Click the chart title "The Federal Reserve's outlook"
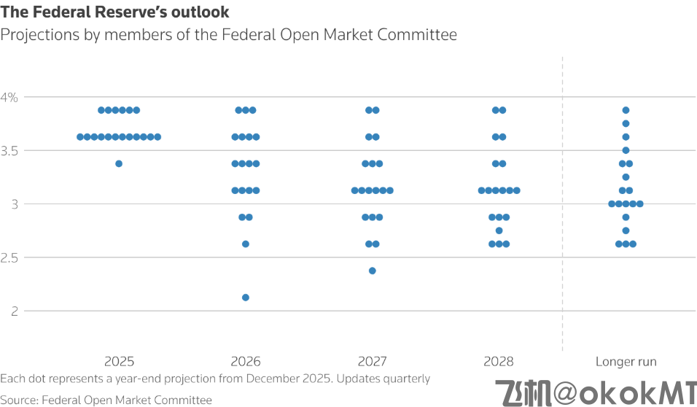115,12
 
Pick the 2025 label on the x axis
119,361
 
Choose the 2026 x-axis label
246,361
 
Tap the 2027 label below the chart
373,361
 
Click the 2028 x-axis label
499,361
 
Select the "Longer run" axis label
626,361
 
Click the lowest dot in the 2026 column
246,298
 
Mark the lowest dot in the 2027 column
373,271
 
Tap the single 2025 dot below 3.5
119,163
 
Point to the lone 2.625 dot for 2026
246,244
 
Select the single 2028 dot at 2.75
499,230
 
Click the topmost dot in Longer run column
626,110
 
